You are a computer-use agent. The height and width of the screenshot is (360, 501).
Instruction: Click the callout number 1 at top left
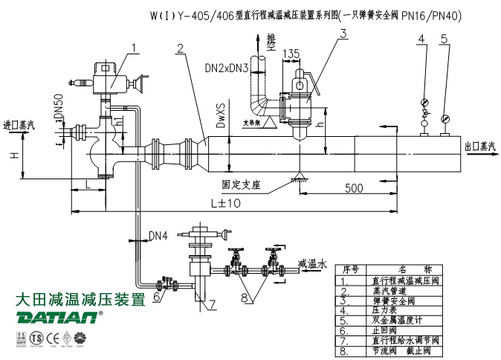pos(135,48)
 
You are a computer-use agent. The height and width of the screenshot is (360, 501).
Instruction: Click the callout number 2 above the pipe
pos(180,49)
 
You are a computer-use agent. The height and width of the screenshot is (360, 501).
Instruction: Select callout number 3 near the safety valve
pos(343,32)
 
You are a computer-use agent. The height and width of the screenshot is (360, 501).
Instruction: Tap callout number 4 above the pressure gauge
pos(421,38)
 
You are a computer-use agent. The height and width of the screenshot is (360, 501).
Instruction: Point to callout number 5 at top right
pos(445,38)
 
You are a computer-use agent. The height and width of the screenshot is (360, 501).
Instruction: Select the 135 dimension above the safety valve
pos(291,53)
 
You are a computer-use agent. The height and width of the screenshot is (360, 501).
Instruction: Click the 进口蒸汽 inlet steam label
pos(20,124)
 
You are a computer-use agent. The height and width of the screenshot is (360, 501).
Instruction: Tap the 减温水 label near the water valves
pos(312,263)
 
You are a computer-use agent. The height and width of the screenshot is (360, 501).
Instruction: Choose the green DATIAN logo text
pos(56,318)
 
